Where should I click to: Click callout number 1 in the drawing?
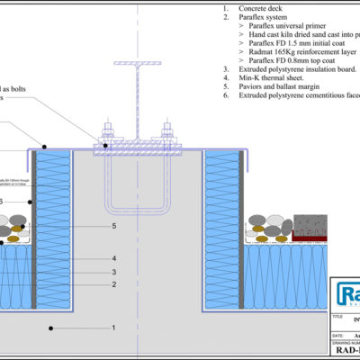tap(112, 328)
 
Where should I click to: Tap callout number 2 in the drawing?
tap(112, 284)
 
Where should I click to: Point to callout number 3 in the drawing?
tap(112, 272)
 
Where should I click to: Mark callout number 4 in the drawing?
tap(112, 259)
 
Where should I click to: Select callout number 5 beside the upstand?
tap(112, 227)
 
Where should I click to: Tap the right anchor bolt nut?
tap(166, 138)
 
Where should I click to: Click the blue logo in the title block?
tap(347, 294)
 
